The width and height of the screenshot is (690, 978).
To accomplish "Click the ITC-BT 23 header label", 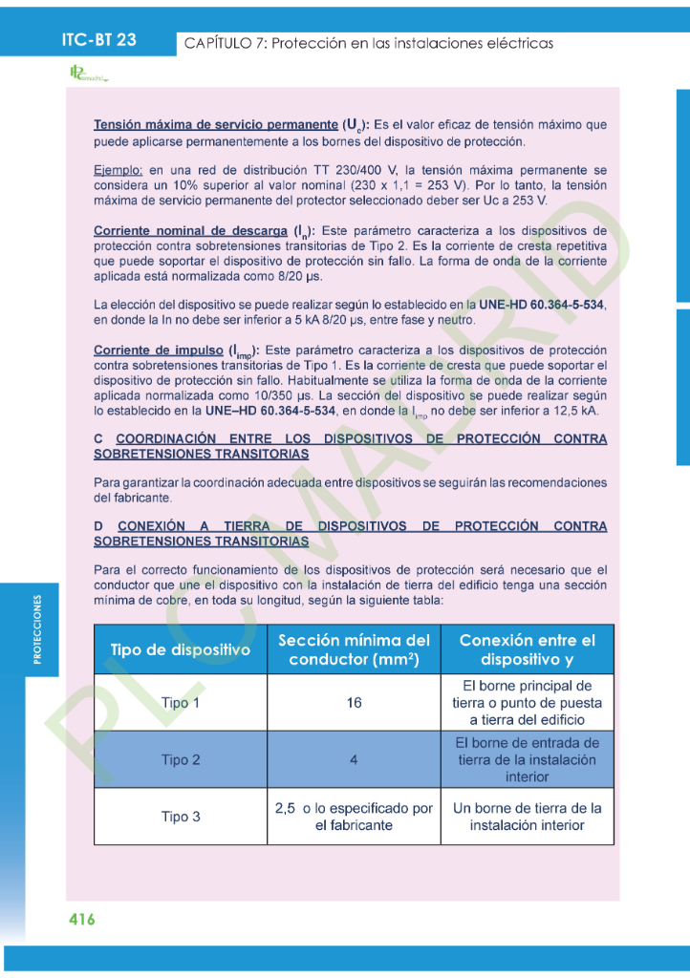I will point(98,39).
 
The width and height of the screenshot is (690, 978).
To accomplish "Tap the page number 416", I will point(82,920).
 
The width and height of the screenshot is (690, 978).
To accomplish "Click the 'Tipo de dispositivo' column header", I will point(181,649).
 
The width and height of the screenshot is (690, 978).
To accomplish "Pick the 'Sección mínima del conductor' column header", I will point(354,649).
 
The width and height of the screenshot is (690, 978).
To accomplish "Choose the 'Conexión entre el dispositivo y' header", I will point(527,649).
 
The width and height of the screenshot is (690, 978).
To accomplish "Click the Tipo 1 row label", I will point(181,703).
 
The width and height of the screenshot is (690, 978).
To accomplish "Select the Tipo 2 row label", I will point(181,760).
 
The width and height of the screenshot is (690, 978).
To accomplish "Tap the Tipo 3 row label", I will point(181,817).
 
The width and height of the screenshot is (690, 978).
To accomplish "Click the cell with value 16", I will point(354,703).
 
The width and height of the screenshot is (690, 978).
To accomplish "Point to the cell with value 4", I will point(354,760).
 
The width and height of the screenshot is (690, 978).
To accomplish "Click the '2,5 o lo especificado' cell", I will point(354,817).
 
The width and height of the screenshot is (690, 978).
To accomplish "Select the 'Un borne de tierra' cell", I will point(527,817).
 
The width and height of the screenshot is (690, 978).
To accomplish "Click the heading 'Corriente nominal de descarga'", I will point(190,231).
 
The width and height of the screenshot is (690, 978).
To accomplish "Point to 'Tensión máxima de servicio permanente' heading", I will point(215,125).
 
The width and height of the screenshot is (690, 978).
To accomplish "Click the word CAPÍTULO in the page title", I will point(220,44).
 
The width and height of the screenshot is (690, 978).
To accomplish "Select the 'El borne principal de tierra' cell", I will point(527,703).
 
